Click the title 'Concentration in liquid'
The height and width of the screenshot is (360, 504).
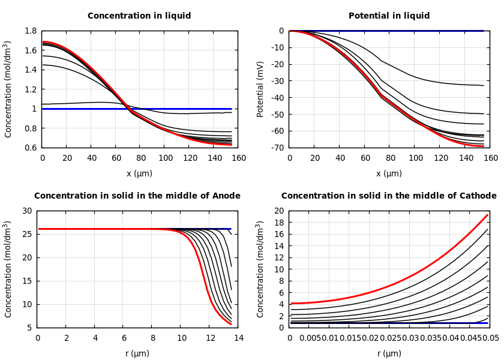pos(139,16)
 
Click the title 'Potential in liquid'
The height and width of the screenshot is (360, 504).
pos(389,16)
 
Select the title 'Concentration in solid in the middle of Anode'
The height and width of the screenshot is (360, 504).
pos(137,196)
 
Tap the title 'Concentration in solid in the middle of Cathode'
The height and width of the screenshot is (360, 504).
pos(389,196)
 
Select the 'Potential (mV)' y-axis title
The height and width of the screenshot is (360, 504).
pos(260,89)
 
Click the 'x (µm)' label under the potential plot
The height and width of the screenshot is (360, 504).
pos(389,174)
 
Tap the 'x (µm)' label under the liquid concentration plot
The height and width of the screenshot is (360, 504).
pos(139,174)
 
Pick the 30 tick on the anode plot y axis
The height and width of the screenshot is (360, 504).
pos(26,211)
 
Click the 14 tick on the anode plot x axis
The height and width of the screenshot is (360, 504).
pos(238,338)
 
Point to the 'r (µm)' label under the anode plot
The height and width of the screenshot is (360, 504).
pos(137,354)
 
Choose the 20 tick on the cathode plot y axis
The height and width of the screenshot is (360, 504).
pos(278,211)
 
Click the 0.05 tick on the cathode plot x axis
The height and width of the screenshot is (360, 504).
pos(491,338)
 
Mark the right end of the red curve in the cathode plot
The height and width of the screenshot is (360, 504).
pos(488,215)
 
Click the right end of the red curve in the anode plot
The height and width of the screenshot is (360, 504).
pos(231,324)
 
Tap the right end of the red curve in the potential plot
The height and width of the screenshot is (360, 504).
pos(484,146)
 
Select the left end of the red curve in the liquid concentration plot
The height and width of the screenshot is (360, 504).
pos(43,41)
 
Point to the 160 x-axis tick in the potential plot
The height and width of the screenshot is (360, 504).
pos(491,158)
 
